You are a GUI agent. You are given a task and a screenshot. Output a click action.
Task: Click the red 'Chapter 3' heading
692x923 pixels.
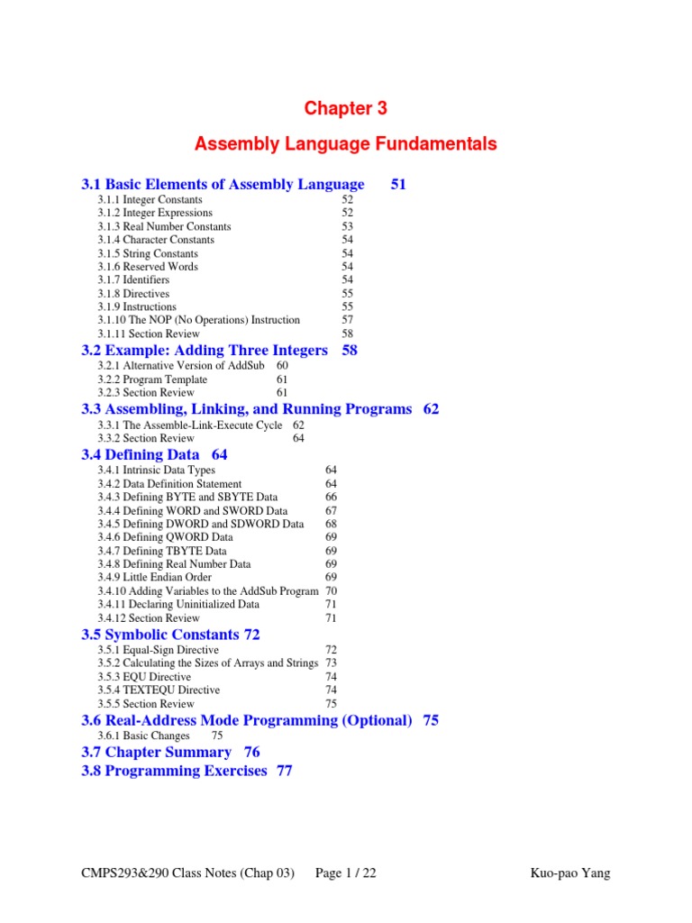pyautogui.click(x=345, y=109)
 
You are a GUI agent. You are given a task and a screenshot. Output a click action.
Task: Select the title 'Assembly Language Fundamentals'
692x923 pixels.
pyautogui.click(x=345, y=144)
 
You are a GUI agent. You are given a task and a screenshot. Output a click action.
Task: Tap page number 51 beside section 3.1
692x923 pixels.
pyautogui.click(x=398, y=185)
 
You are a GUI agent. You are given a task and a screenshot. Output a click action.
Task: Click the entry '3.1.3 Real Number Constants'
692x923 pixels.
pyautogui.click(x=164, y=226)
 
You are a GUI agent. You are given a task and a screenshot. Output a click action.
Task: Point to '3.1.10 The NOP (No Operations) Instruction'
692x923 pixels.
pyautogui.click(x=198, y=320)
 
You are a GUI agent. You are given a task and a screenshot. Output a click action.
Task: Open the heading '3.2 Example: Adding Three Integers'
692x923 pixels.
pyautogui.click(x=205, y=351)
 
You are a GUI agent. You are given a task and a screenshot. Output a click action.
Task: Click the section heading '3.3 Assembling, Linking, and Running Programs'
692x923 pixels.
pyautogui.click(x=246, y=409)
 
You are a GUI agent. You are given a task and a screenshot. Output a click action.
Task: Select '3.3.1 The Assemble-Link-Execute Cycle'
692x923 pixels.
pyautogui.click(x=189, y=425)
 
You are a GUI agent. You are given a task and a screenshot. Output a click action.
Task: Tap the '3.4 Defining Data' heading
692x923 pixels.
pyautogui.click(x=141, y=455)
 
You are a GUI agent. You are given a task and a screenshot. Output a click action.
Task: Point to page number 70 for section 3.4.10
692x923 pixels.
pyautogui.click(x=331, y=591)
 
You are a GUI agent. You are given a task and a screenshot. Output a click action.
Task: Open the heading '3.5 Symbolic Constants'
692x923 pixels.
pyautogui.click(x=160, y=635)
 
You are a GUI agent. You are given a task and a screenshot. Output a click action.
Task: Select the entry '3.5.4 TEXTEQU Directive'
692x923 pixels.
pyautogui.click(x=159, y=690)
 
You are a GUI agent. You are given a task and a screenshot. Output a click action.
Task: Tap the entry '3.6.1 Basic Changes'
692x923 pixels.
pyautogui.click(x=143, y=736)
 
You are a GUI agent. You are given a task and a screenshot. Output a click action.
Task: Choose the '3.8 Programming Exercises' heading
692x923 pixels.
pyautogui.click(x=174, y=771)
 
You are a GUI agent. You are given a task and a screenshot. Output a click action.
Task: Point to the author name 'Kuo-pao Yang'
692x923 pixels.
pyautogui.click(x=571, y=873)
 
